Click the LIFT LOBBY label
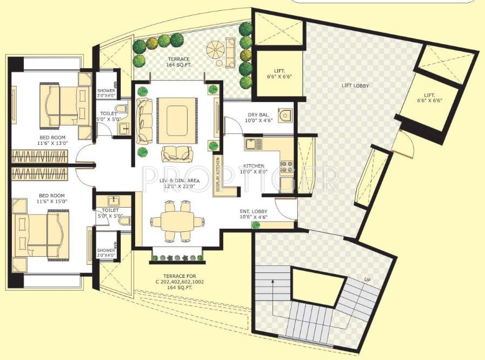pyautogui.click(x=356, y=85)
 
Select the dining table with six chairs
pyautogui.click(x=172, y=221)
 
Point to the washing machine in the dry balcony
pyautogui.click(x=285, y=115)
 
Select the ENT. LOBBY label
pyautogui.click(x=254, y=214)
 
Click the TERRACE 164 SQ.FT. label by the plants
pyautogui.click(x=178, y=62)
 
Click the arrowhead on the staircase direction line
pyautogui.click(x=272, y=281)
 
